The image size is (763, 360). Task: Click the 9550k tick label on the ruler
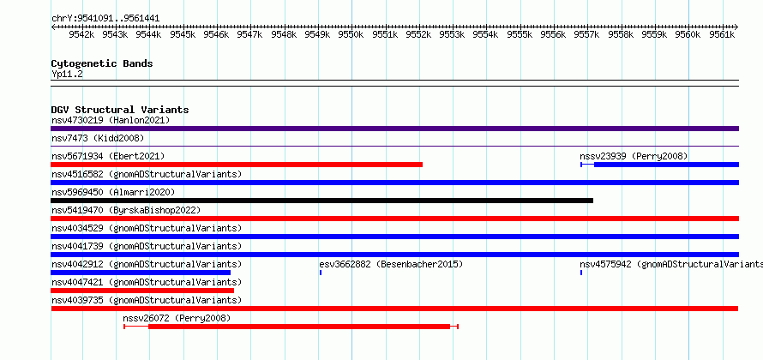click(351, 34)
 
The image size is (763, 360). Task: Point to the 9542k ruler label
click(81, 34)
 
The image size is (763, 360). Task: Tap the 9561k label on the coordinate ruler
click(722, 34)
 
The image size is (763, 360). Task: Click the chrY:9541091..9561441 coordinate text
click(105, 19)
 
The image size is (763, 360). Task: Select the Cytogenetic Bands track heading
click(102, 63)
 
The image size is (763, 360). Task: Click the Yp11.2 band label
click(67, 74)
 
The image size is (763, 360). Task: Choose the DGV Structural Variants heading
click(120, 110)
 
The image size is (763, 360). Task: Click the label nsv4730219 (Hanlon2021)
click(111, 120)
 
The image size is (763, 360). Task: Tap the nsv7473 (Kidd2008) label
click(98, 138)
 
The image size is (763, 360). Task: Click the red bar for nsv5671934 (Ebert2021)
click(237, 165)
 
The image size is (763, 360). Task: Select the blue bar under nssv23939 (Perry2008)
click(666, 165)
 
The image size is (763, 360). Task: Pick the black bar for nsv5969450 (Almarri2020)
click(322, 201)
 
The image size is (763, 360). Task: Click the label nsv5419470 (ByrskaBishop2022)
click(126, 210)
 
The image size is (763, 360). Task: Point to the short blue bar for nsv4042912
click(141, 273)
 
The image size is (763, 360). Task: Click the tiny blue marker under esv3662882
click(321, 273)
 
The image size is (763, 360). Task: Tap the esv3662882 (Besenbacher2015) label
click(391, 264)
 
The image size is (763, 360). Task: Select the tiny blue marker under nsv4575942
click(581, 273)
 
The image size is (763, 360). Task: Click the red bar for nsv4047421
click(142, 291)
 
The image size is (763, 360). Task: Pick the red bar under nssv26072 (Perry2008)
click(299, 327)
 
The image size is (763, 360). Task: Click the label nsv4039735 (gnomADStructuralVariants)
click(147, 300)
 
